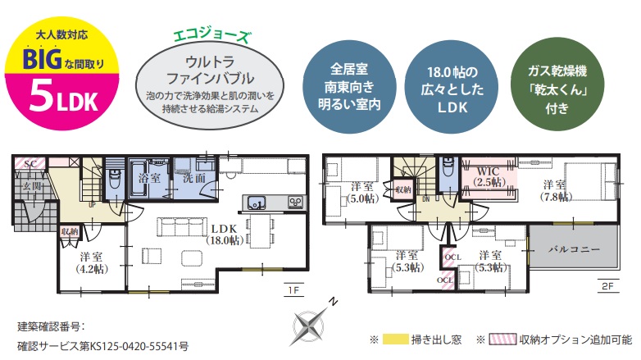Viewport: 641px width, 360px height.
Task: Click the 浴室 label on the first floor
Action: coord(149,176)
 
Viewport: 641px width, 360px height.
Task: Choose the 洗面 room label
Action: coord(194,176)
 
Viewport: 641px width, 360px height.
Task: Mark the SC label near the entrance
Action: coord(30,165)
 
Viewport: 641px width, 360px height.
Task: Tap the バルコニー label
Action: coord(574,248)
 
